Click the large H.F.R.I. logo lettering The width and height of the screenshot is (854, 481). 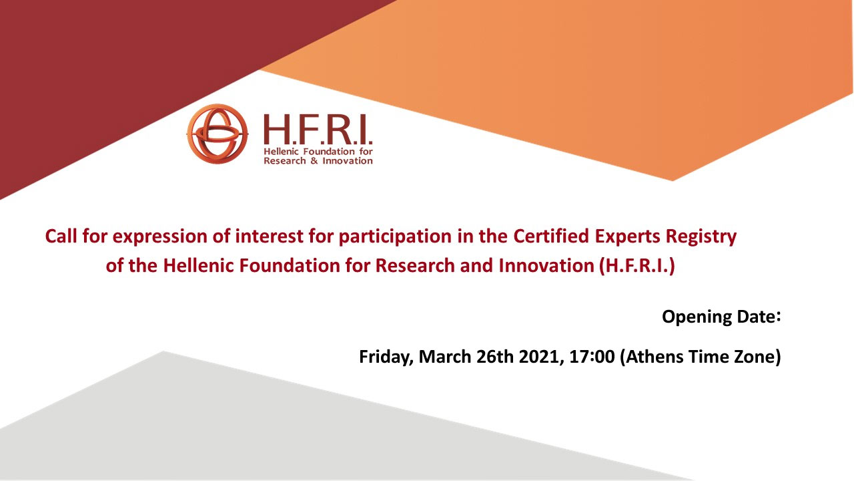point(318,130)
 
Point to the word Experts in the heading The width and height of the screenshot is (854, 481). point(632,237)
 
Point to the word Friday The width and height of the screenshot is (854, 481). point(387,357)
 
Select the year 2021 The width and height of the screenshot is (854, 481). point(537,357)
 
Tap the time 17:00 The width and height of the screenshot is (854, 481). point(592,357)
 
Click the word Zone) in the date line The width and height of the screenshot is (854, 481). point(759,357)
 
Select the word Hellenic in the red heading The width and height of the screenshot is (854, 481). point(196,266)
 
